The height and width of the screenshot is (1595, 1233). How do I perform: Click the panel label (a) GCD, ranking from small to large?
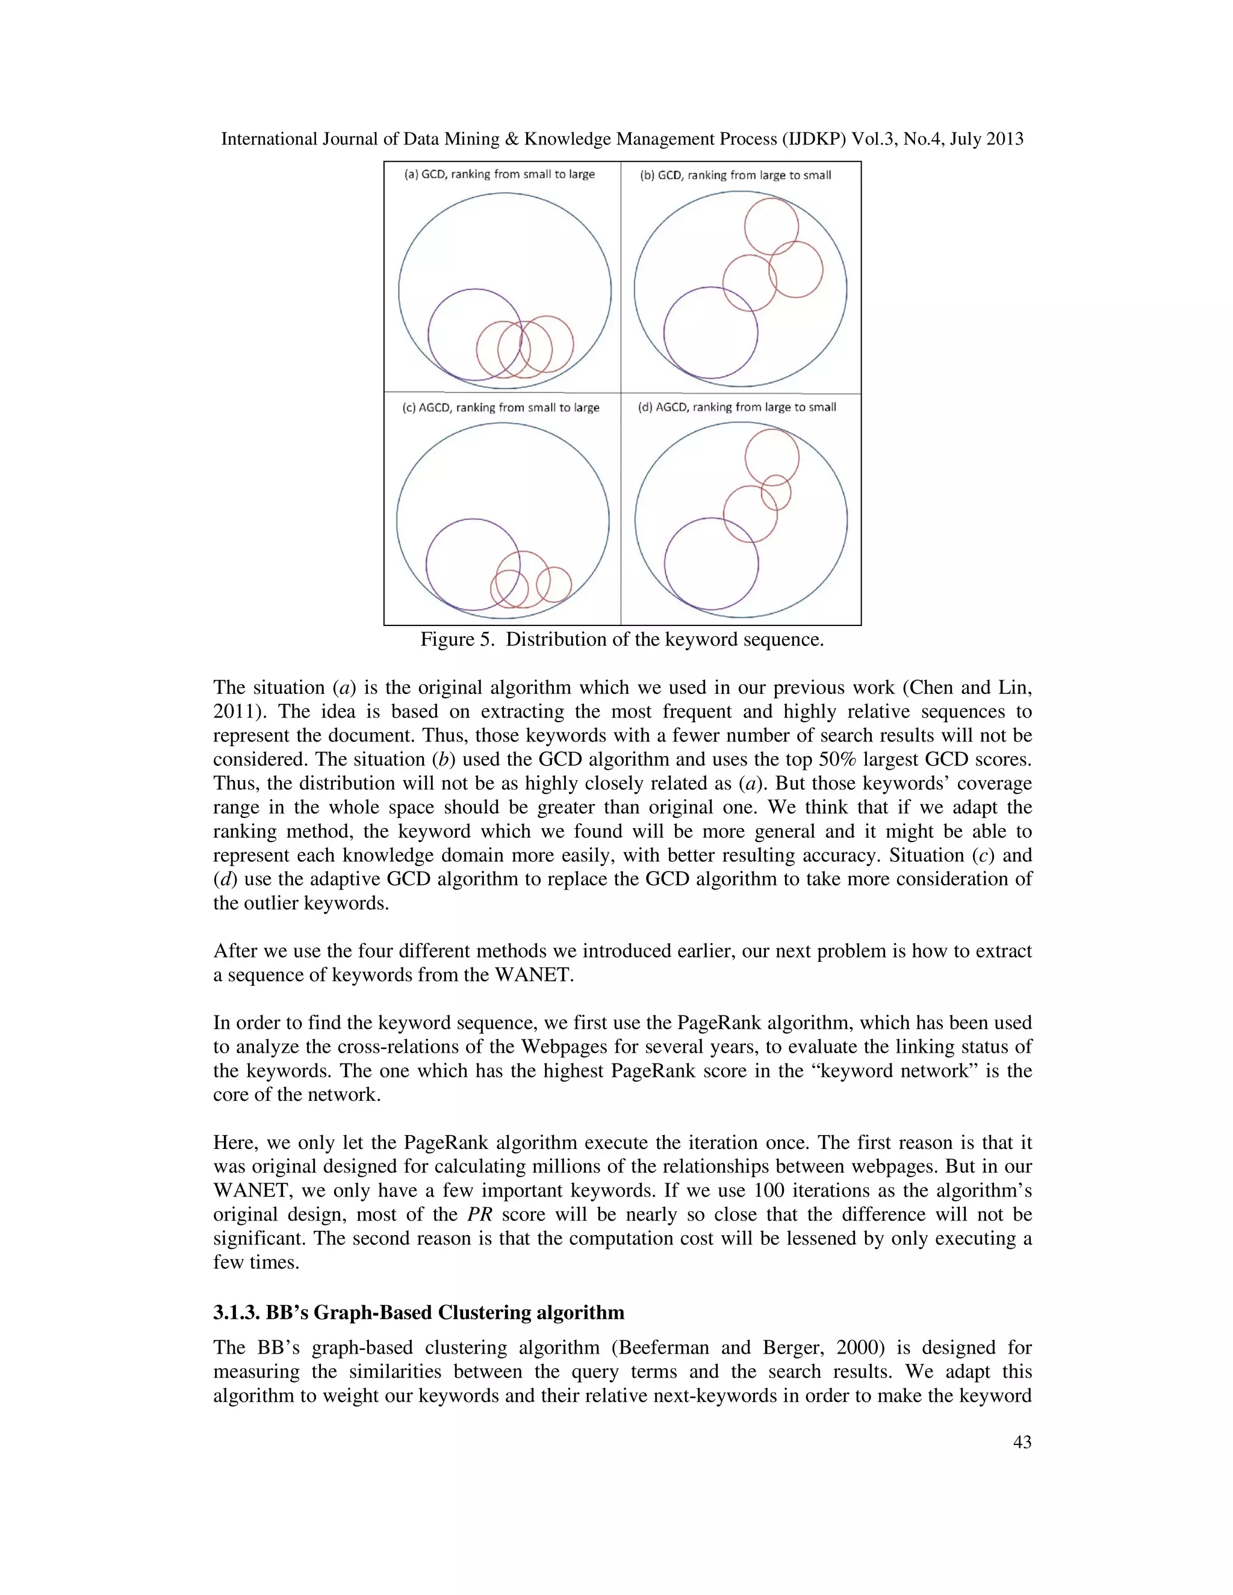click(500, 174)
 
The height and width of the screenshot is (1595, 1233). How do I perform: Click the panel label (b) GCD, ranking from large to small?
click(735, 175)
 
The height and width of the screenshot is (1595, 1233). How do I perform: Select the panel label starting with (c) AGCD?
click(500, 407)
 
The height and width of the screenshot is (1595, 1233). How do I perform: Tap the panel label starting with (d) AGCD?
click(736, 407)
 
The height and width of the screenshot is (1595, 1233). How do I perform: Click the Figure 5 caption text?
click(621, 640)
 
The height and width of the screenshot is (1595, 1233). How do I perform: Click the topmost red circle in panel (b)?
click(771, 199)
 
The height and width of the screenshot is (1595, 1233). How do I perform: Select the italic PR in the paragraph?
click(479, 1215)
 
